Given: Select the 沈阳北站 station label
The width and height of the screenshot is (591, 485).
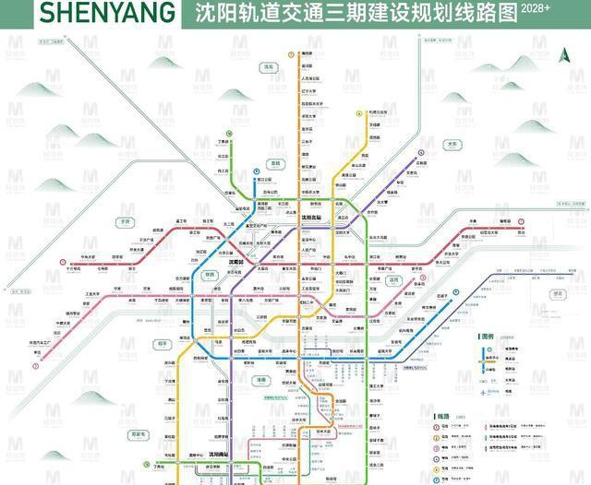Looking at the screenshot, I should [315, 218].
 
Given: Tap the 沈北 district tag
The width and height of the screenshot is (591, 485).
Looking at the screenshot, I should [269, 66].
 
